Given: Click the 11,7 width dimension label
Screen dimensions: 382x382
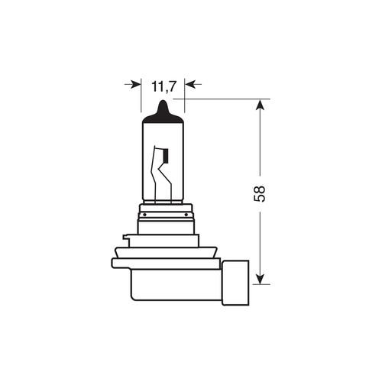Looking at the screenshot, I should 163,86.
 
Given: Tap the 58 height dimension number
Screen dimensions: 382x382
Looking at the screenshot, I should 261,193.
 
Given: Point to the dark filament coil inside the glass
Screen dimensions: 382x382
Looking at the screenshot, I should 163,157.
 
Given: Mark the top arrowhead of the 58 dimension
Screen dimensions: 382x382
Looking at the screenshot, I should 261,105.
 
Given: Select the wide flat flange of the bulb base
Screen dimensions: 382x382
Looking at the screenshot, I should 165,263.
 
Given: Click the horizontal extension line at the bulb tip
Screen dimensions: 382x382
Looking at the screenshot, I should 222,99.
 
